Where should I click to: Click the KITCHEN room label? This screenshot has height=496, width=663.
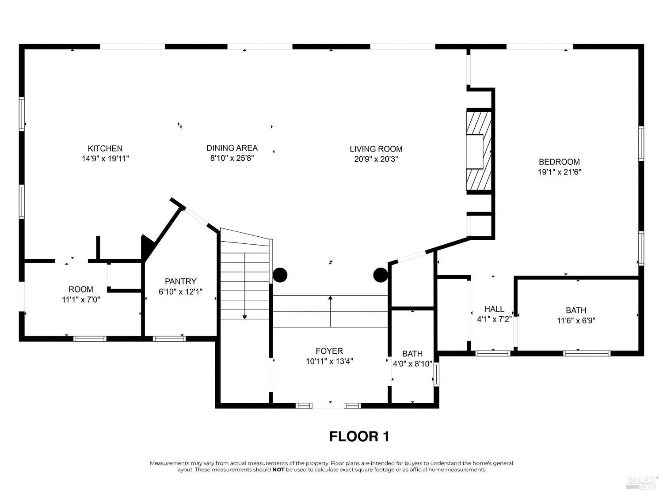click(x=105, y=148)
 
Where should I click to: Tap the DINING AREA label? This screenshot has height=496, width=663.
click(x=232, y=148)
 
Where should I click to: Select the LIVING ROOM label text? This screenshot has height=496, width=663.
click(x=376, y=149)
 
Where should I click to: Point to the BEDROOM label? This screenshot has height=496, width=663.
click(x=559, y=162)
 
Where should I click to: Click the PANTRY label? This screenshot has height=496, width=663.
click(x=181, y=281)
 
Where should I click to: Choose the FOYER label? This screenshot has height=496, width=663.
click(x=329, y=351)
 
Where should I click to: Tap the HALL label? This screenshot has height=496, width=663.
click(x=494, y=309)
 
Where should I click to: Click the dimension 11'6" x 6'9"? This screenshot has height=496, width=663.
click(x=576, y=320)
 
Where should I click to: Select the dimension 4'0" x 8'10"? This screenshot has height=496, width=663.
click(x=412, y=364)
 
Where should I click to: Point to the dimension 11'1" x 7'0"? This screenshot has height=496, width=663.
click(x=81, y=299)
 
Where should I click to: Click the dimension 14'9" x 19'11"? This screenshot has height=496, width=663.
click(x=105, y=159)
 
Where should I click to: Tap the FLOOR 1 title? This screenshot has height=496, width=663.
click(x=359, y=436)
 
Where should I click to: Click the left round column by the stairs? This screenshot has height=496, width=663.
click(x=280, y=275)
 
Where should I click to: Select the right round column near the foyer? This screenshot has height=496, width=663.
click(x=381, y=275)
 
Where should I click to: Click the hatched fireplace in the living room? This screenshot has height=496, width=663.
click(x=479, y=151)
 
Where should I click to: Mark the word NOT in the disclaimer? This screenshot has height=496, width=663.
click(x=278, y=470)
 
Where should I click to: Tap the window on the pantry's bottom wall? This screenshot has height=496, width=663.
click(x=169, y=339)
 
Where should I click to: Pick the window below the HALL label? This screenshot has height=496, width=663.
click(x=493, y=353)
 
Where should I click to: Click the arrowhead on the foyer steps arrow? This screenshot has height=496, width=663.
click(x=331, y=298)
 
